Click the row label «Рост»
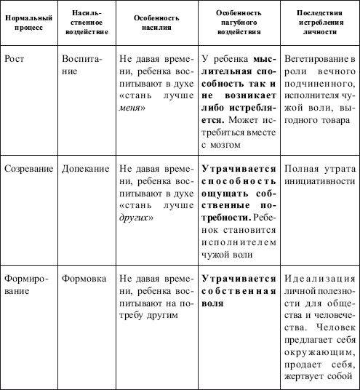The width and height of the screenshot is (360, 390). point(15,56)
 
